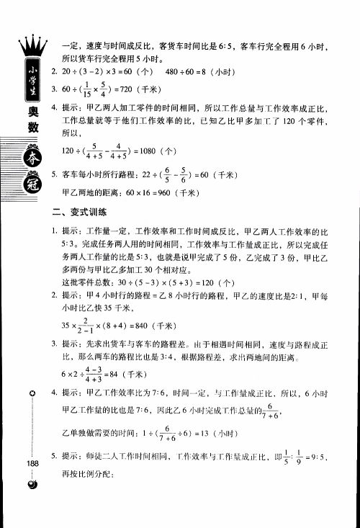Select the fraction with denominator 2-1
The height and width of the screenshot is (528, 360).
[89, 325]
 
